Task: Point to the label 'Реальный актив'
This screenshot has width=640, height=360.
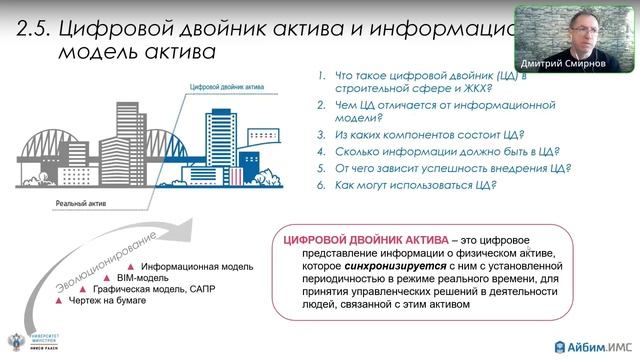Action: coord(81,203)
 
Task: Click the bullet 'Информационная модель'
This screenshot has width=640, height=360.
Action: coord(195,268)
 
